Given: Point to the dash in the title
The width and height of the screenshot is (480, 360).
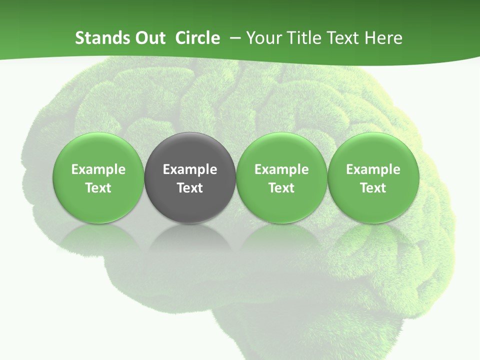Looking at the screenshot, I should [x=233, y=38].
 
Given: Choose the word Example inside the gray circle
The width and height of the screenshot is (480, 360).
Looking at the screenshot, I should [x=190, y=169].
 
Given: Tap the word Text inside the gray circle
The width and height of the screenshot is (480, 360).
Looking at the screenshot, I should [x=190, y=188].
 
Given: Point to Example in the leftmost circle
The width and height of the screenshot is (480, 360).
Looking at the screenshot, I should [x=98, y=169].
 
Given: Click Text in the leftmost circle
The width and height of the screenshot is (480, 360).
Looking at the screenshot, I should [x=98, y=188].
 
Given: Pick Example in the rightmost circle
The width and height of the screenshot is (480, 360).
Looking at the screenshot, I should [x=373, y=169].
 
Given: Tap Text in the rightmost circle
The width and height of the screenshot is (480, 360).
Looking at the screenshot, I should [x=373, y=188].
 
